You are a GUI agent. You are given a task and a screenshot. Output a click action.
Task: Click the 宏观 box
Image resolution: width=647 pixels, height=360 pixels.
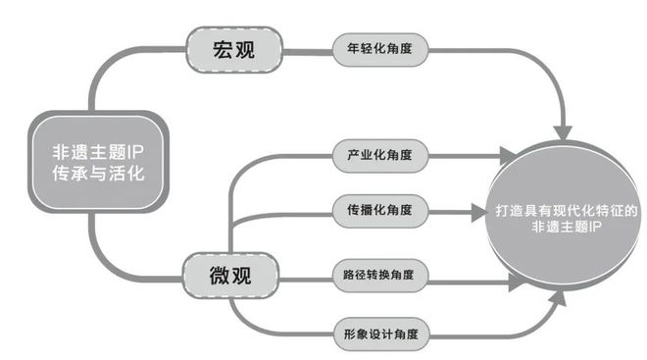point(233,49)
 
